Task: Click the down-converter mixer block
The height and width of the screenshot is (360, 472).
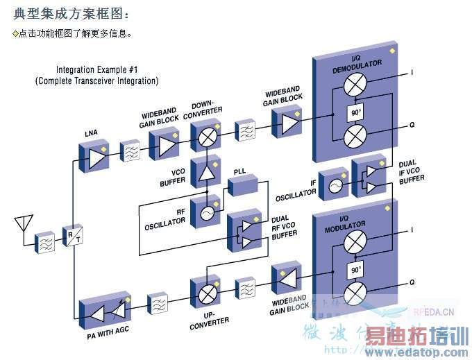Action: [205, 136]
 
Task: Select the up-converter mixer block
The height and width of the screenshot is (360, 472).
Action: [206, 293]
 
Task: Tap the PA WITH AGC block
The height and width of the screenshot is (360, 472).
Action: [104, 311]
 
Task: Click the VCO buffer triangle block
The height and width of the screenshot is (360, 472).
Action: [206, 170]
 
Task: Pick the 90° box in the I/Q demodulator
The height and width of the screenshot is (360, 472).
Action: [355, 112]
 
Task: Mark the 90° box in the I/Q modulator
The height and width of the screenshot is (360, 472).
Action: [355, 269]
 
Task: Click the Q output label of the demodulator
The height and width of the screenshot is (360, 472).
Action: [412, 125]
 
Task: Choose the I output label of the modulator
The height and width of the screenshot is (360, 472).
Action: [412, 229]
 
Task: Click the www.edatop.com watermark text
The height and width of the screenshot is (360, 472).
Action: [416, 353]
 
